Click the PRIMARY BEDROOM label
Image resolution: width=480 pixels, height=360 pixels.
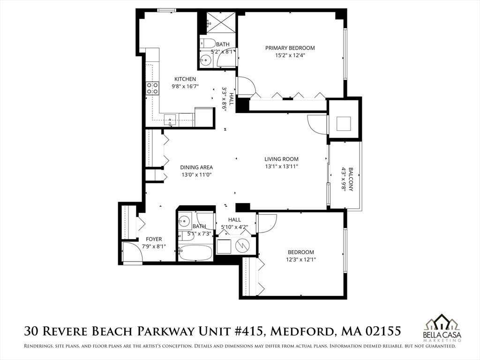(x=290, y=48)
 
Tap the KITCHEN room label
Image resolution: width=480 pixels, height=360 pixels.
(x=185, y=79)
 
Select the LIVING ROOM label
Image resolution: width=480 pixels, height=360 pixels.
(x=281, y=159)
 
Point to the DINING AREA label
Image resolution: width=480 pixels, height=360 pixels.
(x=196, y=167)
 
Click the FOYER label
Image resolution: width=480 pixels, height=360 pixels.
(x=154, y=239)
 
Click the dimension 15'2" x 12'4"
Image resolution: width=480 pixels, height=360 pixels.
(x=290, y=55)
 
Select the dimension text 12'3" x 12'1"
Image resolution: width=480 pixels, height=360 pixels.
(x=300, y=260)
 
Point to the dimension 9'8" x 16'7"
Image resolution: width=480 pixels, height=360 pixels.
(x=185, y=86)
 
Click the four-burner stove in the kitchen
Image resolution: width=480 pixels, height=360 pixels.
(x=152, y=88)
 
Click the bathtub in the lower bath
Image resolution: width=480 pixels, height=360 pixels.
(x=195, y=253)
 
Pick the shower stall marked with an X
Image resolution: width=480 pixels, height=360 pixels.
(x=221, y=23)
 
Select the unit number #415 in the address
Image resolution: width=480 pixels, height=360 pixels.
(x=246, y=331)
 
